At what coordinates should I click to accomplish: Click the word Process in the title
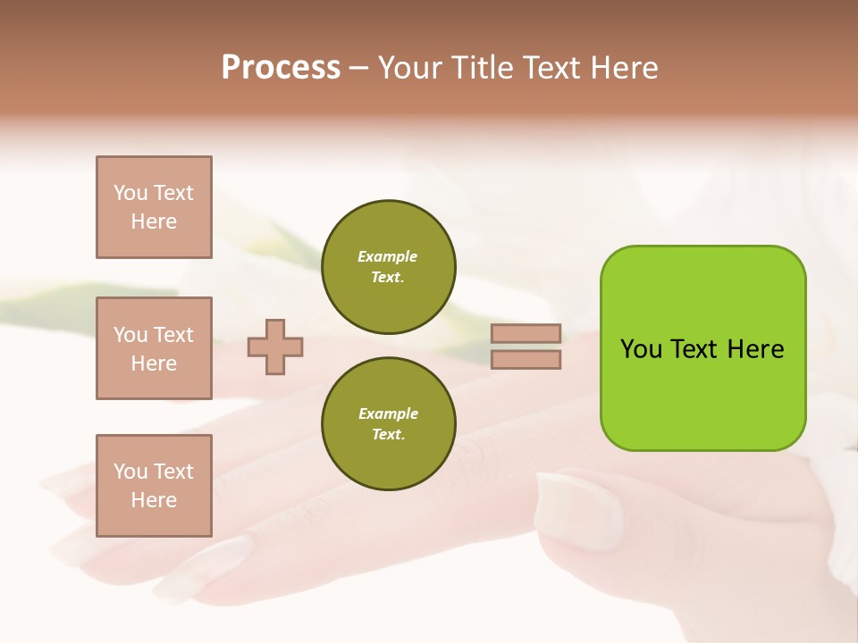pyautogui.click(x=281, y=68)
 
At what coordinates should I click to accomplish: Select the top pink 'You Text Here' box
pyautogui.click(x=154, y=207)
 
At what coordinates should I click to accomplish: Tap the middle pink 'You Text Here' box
pyautogui.click(x=154, y=348)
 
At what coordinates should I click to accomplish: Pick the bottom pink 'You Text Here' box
pyautogui.click(x=154, y=486)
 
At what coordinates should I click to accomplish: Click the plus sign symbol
pyautogui.click(x=275, y=347)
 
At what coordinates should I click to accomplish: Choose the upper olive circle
pyautogui.click(x=388, y=266)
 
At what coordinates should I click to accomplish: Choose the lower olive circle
pyautogui.click(x=388, y=423)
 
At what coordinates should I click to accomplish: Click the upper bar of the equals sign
pyautogui.click(x=526, y=334)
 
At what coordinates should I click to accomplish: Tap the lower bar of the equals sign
pyautogui.click(x=526, y=359)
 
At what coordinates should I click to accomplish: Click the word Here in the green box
pyautogui.click(x=755, y=349)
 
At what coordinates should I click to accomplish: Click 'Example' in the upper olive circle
pyautogui.click(x=388, y=256)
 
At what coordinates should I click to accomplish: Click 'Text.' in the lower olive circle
pyautogui.click(x=388, y=435)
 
